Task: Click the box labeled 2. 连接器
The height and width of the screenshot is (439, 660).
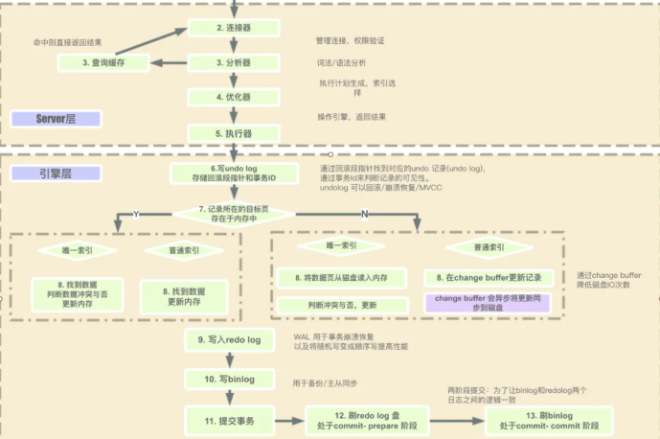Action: tap(233, 29)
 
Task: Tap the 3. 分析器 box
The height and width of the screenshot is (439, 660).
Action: tap(233, 63)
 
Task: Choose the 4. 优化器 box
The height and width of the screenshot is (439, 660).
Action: tap(233, 98)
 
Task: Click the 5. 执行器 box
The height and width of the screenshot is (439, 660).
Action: tap(233, 133)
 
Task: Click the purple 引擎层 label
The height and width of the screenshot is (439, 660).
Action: tap(56, 173)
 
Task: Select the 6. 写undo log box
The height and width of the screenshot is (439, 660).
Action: tap(221, 173)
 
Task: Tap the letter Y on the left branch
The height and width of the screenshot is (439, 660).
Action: tap(136, 215)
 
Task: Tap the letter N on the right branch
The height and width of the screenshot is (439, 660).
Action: tap(363, 215)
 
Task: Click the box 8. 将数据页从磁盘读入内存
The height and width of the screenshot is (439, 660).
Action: tap(341, 277)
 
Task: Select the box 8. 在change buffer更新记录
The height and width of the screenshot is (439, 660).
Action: tap(489, 277)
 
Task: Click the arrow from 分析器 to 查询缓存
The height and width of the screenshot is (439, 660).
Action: tap(171, 63)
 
